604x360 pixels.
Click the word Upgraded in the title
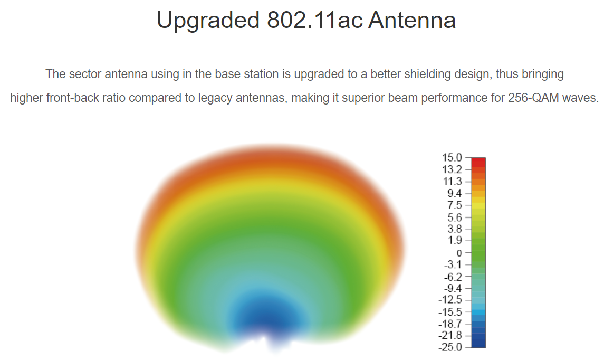point(208,21)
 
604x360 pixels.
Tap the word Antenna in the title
point(412,20)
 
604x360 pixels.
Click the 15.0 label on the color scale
point(452,158)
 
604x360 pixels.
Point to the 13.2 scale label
point(452,169)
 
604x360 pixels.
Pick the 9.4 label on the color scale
point(454,194)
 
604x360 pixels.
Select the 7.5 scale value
point(454,205)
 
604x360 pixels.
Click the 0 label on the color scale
point(459,253)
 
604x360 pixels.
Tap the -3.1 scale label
point(453,265)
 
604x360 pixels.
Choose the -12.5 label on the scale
point(450,300)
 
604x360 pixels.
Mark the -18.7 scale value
point(450,324)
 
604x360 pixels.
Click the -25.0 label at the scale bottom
point(450,347)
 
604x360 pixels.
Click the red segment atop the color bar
point(478,162)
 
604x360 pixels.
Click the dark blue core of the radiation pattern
point(269,318)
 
